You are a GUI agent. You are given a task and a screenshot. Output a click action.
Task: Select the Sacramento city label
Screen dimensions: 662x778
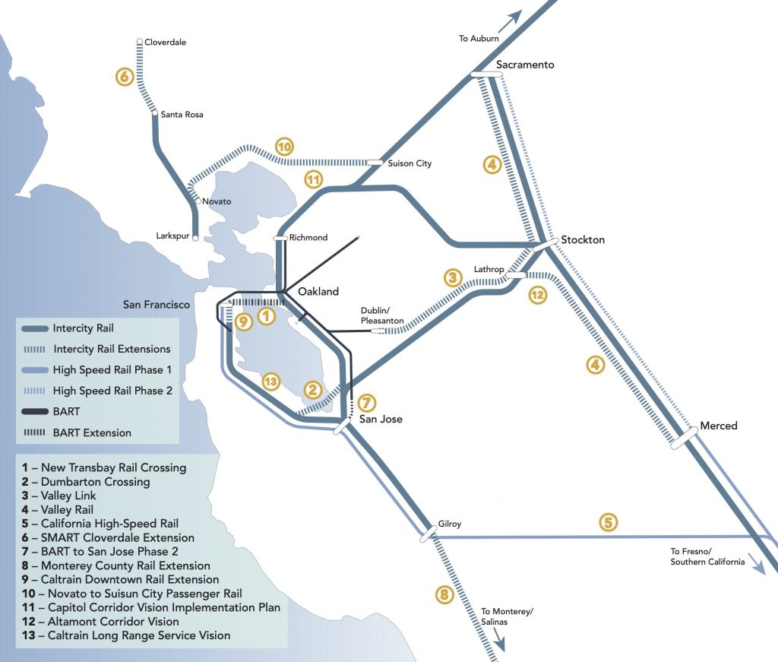pos(525,65)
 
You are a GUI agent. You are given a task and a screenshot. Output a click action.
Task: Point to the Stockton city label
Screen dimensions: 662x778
pos(582,239)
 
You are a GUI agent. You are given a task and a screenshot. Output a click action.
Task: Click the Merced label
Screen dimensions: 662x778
pos(718,426)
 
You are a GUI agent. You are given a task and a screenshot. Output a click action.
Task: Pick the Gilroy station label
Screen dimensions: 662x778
pos(449,524)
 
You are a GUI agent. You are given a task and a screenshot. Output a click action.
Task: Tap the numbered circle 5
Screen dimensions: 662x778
pos(607,522)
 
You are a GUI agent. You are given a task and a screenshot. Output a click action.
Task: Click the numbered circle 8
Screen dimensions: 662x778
pos(444,594)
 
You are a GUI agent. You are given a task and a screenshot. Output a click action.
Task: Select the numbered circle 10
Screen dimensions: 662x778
pos(284,147)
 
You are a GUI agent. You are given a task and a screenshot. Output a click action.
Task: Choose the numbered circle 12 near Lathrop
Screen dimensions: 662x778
pos(537,295)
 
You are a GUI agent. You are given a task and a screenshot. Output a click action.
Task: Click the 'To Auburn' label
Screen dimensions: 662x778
pos(479,39)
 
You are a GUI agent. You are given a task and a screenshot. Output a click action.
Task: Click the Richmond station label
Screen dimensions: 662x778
pos(308,237)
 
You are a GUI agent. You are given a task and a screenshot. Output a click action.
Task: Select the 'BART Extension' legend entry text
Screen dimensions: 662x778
pos(92,433)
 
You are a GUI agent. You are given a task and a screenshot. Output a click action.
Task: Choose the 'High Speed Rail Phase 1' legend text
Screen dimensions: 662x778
pos(112,370)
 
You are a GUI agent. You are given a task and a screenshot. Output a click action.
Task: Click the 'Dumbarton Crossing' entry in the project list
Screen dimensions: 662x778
pos(95,482)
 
